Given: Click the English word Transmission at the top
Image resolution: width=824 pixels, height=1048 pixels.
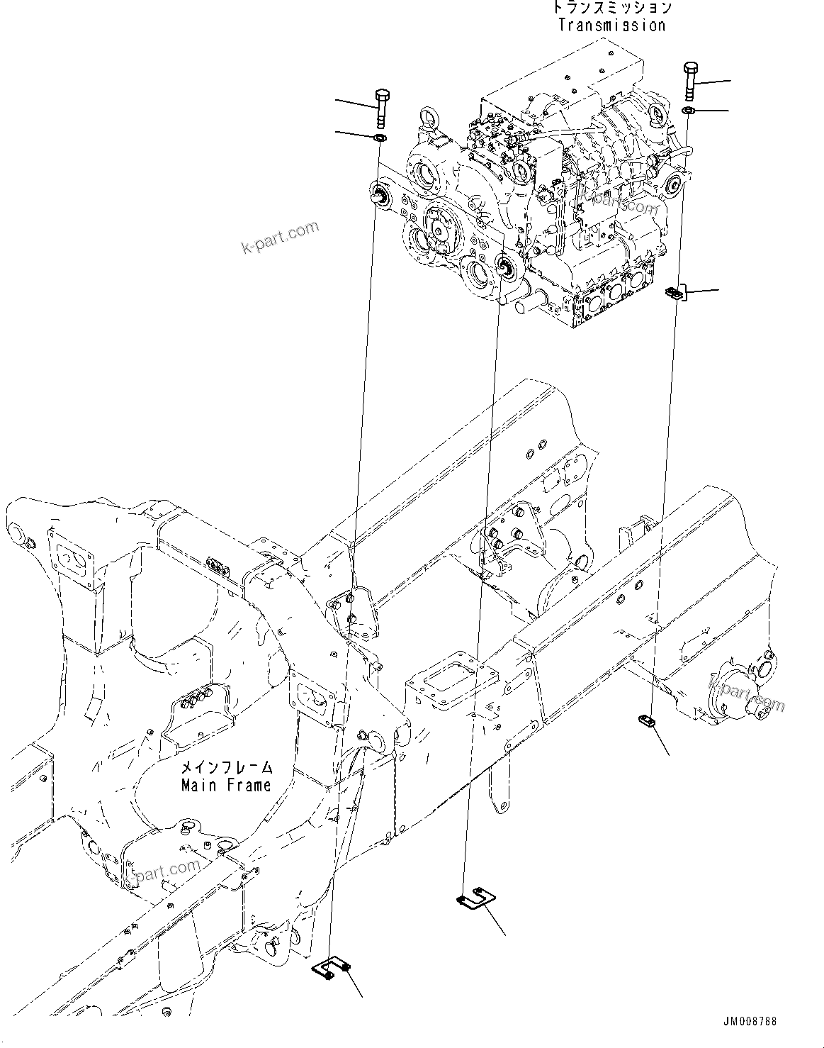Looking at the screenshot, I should click(x=611, y=26).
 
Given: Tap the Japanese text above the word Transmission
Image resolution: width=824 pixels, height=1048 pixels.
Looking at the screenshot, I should click(x=611, y=8).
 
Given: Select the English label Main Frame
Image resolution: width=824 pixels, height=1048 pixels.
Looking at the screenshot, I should click(x=226, y=786).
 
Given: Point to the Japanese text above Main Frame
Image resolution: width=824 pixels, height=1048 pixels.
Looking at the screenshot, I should click(x=226, y=768).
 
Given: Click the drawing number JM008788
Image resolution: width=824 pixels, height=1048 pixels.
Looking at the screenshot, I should click(x=750, y=1022).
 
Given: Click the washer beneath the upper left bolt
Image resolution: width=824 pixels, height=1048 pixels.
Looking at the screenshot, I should click(x=380, y=136).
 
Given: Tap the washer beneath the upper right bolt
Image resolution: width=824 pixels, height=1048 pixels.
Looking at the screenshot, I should click(x=689, y=111).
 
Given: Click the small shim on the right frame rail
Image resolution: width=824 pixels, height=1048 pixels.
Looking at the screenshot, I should click(x=645, y=721).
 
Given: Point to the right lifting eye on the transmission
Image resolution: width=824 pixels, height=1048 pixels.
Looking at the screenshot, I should click(x=658, y=114).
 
